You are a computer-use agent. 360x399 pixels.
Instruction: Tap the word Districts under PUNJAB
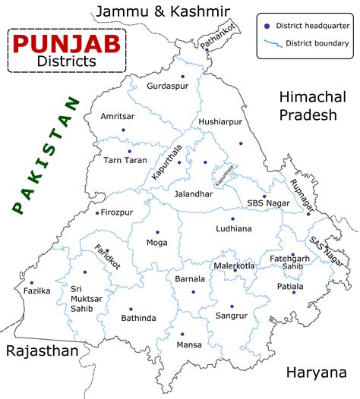[65, 60]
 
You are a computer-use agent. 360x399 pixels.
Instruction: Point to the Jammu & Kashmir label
[163, 11]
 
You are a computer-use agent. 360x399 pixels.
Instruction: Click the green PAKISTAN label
[43, 155]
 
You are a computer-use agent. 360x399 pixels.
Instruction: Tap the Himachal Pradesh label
[308, 105]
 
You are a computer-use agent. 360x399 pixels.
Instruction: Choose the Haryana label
[317, 372]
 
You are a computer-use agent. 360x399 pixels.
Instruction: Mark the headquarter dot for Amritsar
[122, 130]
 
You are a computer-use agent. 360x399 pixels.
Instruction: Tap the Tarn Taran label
[125, 161]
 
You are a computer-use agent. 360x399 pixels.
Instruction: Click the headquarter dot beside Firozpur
[97, 212]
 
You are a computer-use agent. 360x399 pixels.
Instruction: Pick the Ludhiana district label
[234, 228]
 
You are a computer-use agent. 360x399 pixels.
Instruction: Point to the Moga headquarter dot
[158, 232]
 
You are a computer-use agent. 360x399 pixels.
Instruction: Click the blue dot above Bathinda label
[131, 309]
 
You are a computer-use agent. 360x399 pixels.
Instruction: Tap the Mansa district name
[188, 345]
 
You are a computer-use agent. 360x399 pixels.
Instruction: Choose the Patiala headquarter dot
[294, 292]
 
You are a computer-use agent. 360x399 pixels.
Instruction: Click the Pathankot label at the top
[209, 38]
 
